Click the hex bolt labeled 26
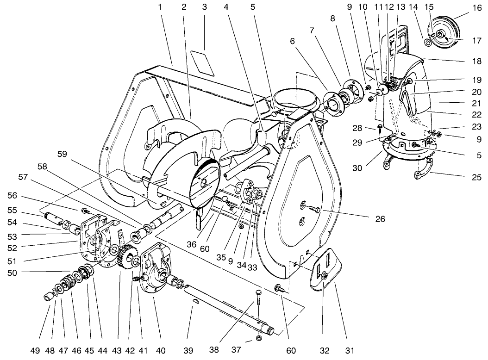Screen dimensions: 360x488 (x=314, y=211)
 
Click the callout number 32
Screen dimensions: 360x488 (x=325, y=350)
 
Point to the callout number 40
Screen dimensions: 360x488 (x=160, y=350)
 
